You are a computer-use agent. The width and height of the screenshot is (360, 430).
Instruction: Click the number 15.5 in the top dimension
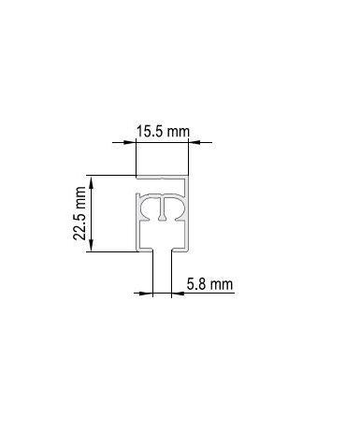click(150, 132)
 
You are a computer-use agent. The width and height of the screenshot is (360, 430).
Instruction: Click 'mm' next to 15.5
click(178, 132)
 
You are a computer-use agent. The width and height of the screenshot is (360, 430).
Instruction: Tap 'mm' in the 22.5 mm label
click(80, 198)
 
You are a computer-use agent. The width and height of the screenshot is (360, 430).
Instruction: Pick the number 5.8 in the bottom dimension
click(195, 284)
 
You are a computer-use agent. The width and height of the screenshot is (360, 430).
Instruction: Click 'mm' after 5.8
click(221, 285)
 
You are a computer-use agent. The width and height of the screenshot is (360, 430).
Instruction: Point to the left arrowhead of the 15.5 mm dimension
click(130, 142)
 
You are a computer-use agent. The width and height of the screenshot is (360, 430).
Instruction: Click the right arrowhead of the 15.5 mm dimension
click(194, 142)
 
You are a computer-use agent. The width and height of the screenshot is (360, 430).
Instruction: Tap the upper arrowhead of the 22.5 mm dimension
click(91, 181)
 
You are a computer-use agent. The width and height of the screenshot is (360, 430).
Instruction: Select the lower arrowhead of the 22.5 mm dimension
click(91, 245)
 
